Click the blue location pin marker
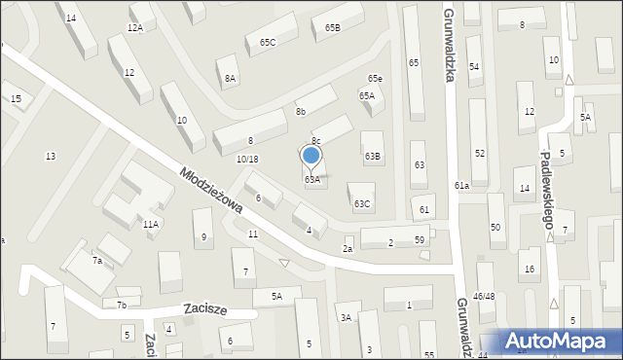point(311,156)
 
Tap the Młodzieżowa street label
point(210,188)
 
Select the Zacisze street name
point(205,309)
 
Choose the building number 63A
point(312,180)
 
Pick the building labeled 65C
point(268,42)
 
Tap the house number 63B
point(373,156)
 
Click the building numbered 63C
point(361,203)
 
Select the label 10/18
point(247,159)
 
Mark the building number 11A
point(150,224)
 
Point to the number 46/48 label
point(484,295)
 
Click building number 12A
point(134,28)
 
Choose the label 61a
point(461,185)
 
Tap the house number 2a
point(347,249)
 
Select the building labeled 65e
point(375,78)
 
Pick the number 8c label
point(316,141)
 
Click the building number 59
point(420,240)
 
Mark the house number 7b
point(122,305)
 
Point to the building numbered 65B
point(333,28)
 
